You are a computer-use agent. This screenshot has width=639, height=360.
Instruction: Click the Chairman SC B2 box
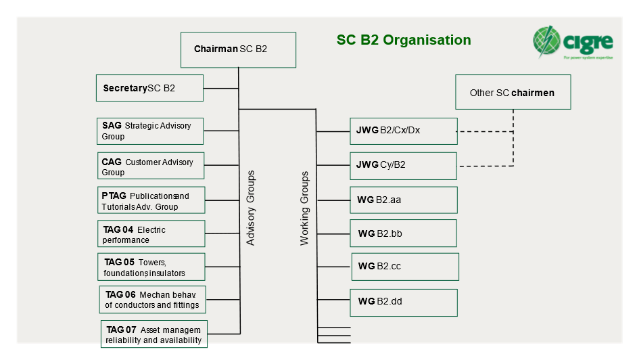[x=238, y=49]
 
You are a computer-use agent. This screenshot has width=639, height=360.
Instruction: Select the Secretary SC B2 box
[x=149, y=88]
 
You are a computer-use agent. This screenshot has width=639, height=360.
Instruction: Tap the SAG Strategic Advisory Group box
[x=149, y=131]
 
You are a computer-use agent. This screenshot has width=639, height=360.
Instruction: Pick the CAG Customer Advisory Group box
[x=150, y=166]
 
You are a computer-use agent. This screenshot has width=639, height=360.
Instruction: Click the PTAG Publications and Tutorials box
[x=150, y=200]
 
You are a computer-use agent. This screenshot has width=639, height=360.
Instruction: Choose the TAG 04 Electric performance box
[x=151, y=233]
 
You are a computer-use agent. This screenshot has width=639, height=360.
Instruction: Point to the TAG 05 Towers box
[x=151, y=267]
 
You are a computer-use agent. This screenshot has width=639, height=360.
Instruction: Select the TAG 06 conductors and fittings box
[x=152, y=299]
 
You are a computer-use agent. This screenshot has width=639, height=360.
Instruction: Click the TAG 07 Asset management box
[x=154, y=334]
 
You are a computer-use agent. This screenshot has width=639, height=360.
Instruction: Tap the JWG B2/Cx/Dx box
[x=403, y=131]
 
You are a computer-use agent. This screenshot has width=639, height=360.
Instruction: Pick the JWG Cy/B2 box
[x=403, y=166]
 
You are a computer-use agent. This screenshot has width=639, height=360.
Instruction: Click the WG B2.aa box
[x=403, y=200]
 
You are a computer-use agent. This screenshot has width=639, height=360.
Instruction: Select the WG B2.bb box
[x=403, y=233]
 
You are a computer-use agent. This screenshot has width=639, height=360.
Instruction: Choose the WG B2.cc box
[x=405, y=267]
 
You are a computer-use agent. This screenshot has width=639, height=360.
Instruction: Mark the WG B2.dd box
[x=403, y=302]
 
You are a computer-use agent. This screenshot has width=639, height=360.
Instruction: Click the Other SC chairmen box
[x=513, y=92]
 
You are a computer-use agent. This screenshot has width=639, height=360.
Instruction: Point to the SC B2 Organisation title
[x=404, y=40]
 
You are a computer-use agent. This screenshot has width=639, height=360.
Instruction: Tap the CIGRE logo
[x=573, y=43]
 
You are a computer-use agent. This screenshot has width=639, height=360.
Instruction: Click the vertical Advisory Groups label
[x=251, y=208]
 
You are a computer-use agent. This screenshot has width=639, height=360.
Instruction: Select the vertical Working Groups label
[x=304, y=208]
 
